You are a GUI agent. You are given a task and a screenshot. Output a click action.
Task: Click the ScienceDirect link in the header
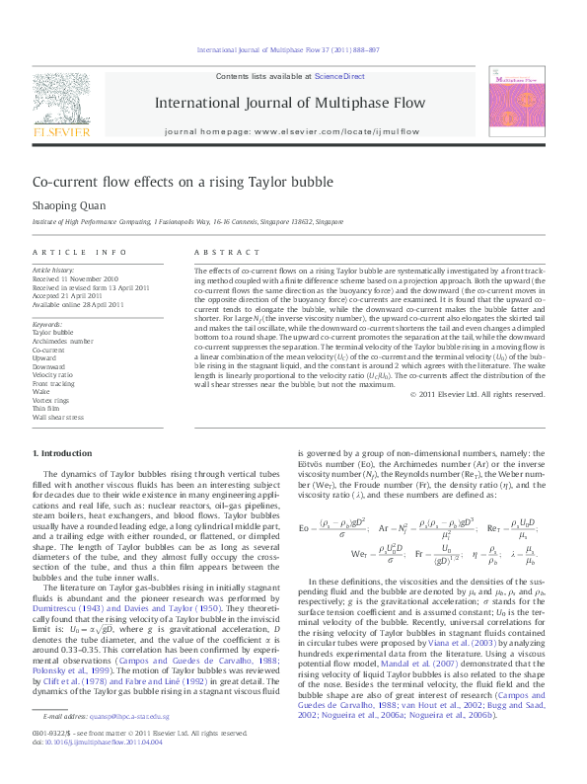click(x=339, y=76)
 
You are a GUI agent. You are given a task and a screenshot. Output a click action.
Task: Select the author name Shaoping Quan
click(x=66, y=205)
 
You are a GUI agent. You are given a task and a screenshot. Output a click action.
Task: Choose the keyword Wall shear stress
click(x=58, y=418)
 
